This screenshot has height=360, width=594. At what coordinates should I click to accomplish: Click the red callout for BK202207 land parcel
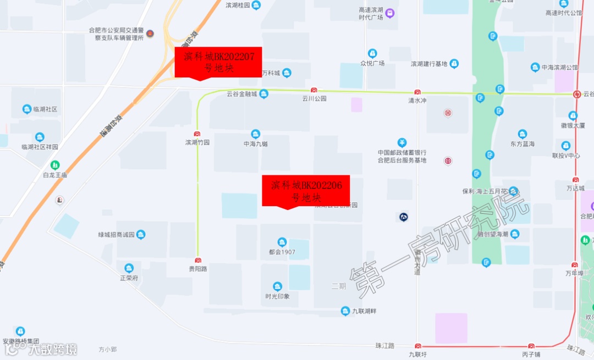pos(218,62)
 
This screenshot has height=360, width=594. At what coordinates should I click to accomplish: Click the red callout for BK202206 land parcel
pos(306,191)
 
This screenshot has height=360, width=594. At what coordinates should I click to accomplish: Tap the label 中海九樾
pos(255,143)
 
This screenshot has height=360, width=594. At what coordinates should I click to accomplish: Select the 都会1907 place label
pos(282,252)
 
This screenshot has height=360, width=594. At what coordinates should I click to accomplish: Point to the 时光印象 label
pos(277,296)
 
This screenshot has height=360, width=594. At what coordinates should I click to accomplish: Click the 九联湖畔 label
pos(364,312)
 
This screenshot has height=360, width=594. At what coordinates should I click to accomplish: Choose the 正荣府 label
pos(129,278)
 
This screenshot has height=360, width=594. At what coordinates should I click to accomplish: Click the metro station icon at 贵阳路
pos(198,261)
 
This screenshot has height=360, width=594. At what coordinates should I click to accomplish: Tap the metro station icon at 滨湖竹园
pos(197,134)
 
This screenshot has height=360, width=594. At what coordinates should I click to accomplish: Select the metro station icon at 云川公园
pos(314,91)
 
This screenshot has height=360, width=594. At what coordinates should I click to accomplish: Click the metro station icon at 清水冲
pos(417,92)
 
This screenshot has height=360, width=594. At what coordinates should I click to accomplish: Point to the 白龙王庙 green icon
pos(55,164)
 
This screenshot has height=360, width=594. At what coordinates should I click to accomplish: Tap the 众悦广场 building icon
pos(372,53)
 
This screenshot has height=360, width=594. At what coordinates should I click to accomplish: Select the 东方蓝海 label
pos(522,143)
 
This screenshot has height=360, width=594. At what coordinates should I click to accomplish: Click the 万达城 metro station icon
pos(575,180)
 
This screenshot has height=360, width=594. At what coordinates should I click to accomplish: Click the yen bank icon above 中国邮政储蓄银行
pos(402,143)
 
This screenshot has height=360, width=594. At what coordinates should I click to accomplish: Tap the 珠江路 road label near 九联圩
pos(385,345)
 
